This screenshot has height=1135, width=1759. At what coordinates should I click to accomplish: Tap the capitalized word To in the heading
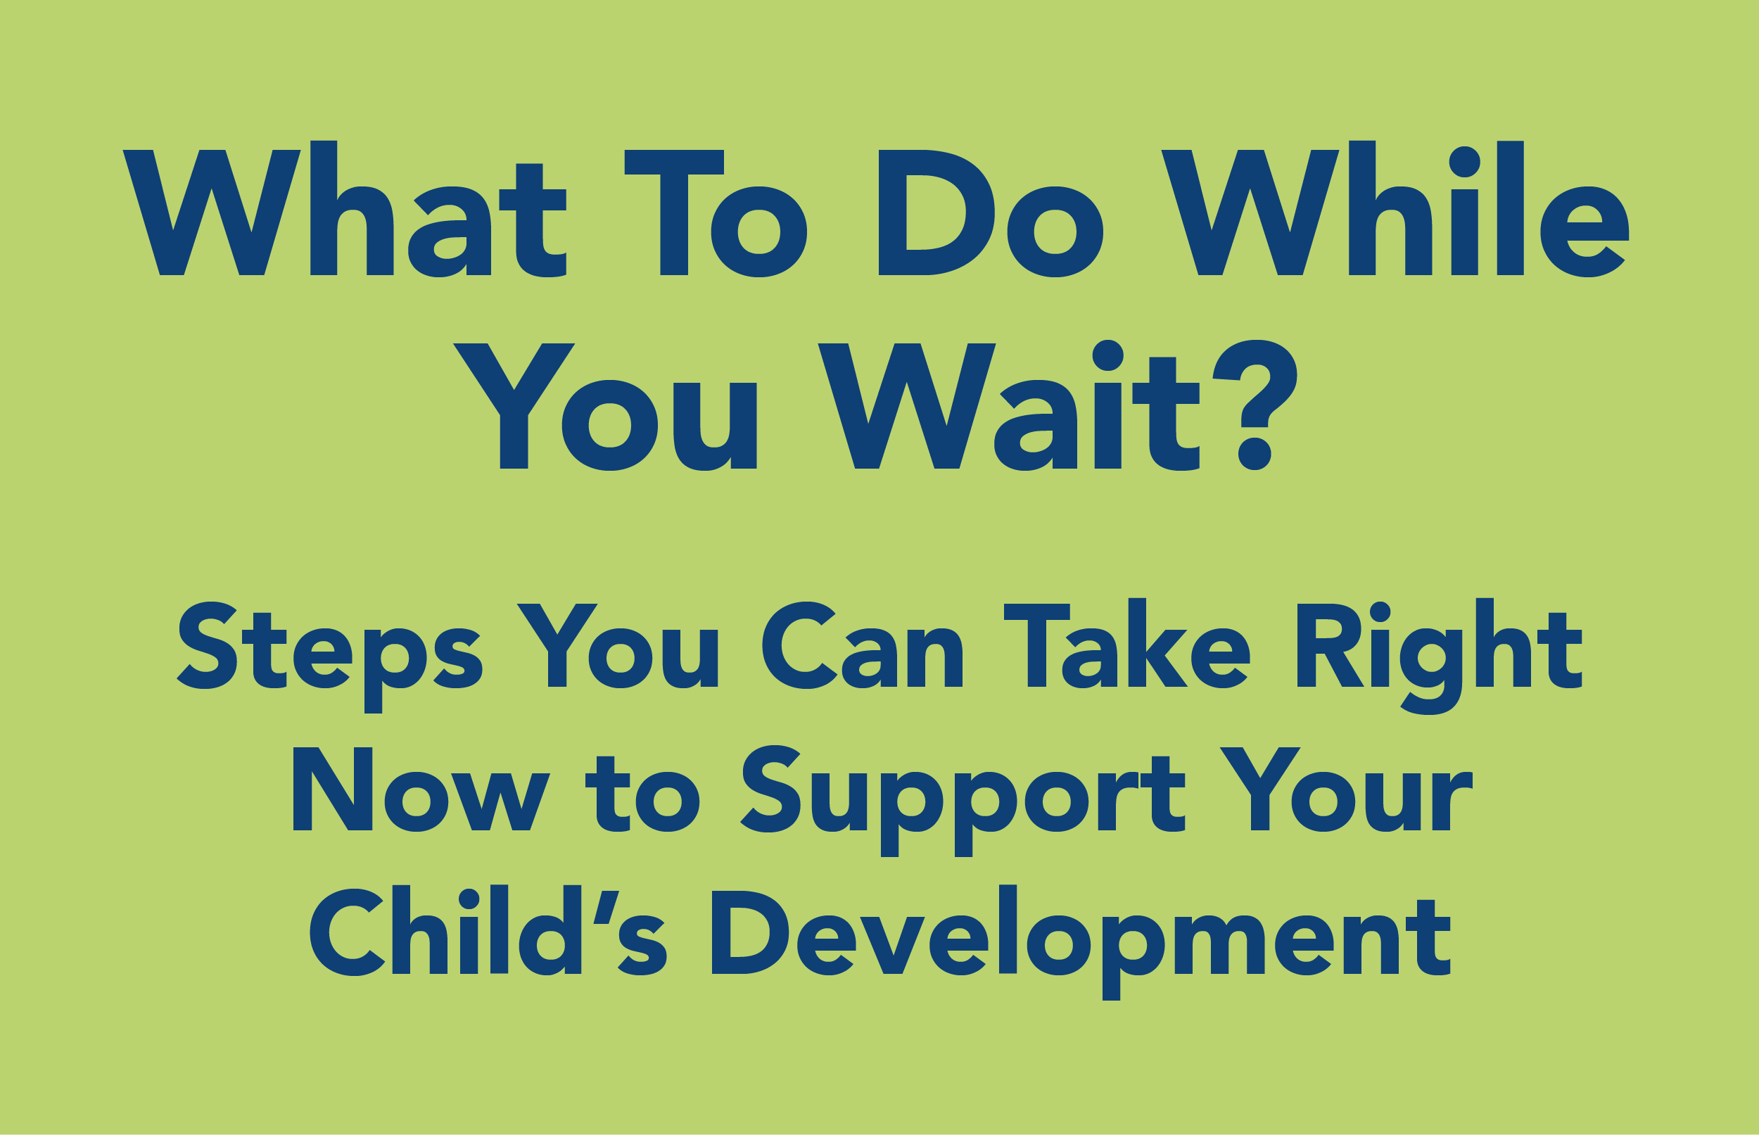[716, 213]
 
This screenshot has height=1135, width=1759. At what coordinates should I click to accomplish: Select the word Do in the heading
[991, 213]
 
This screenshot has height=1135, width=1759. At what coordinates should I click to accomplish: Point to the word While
[1395, 208]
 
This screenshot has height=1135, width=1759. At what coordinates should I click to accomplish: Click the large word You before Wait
[605, 406]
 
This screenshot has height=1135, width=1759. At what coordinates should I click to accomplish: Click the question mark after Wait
[1255, 405]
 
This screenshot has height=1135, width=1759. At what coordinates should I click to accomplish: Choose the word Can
[862, 645]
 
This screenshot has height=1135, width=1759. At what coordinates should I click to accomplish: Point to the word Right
[1439, 656]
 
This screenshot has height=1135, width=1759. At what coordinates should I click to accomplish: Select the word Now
[421, 790]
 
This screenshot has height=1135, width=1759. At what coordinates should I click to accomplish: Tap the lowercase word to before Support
[642, 793]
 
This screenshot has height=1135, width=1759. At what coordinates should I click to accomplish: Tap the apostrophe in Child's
[606, 907]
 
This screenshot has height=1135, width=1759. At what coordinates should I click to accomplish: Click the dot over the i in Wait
[1107, 355]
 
